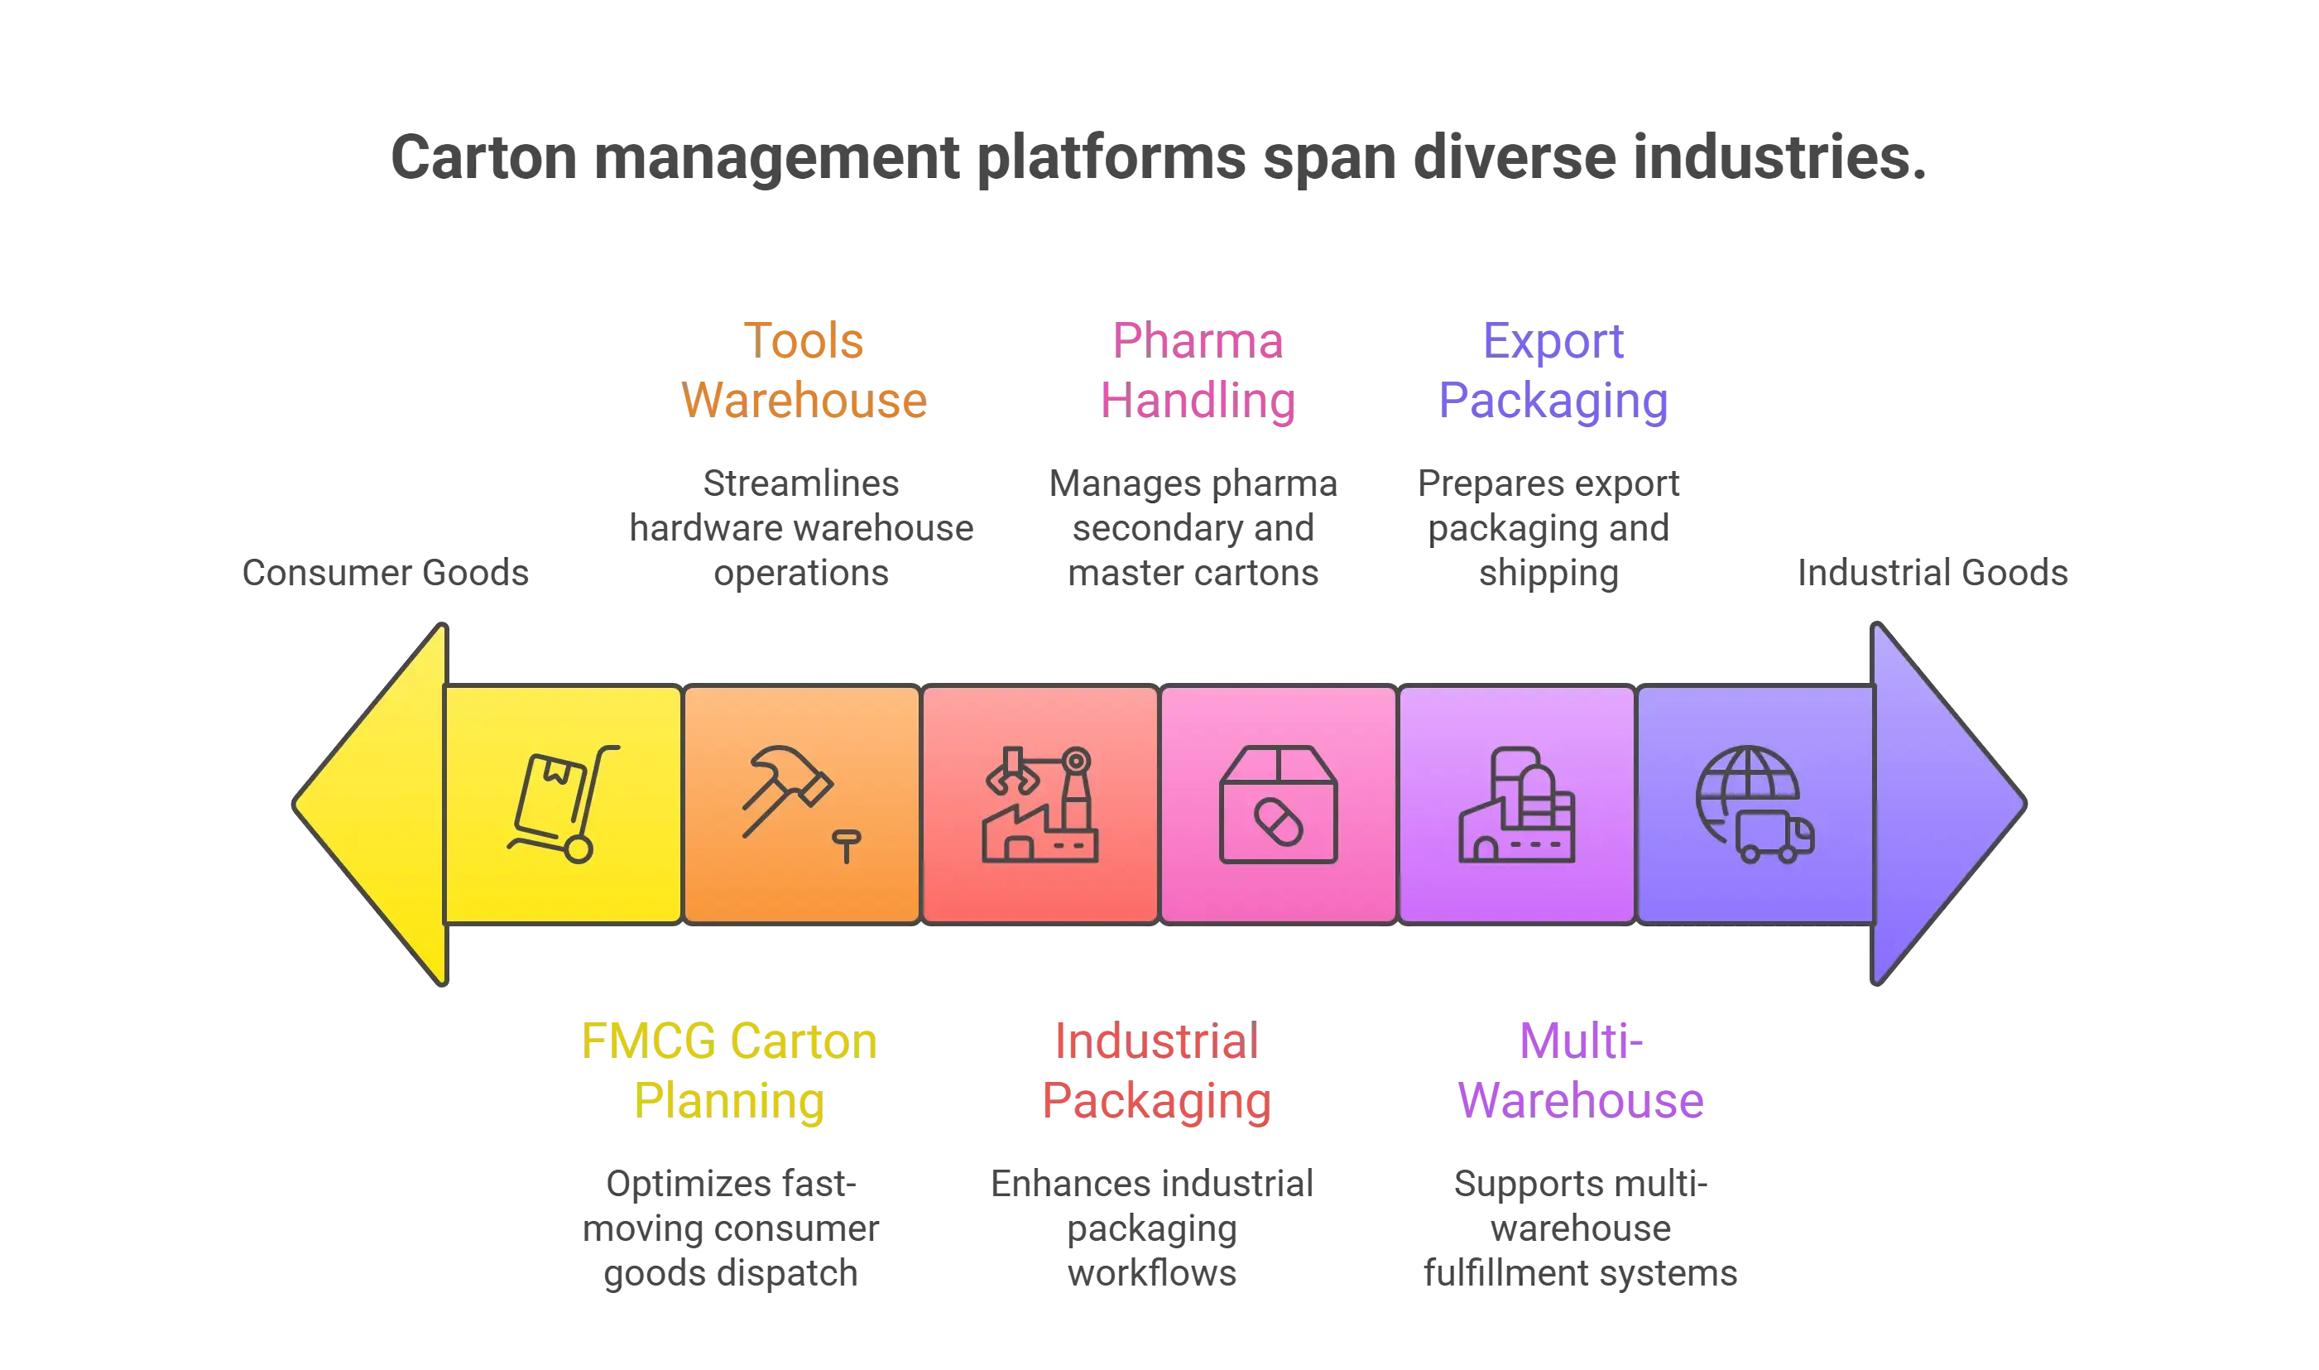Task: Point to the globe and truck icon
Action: (x=1755, y=803)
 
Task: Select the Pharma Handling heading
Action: (x=1197, y=370)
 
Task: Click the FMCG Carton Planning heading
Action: (x=730, y=1071)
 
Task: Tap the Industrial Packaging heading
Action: (x=1155, y=1071)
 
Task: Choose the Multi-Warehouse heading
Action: (x=1581, y=1071)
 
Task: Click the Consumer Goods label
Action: (x=384, y=574)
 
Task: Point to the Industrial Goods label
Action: (x=1932, y=574)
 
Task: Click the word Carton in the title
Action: (x=483, y=157)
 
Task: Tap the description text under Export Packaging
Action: (x=1548, y=528)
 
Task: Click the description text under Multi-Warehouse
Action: (x=1581, y=1228)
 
